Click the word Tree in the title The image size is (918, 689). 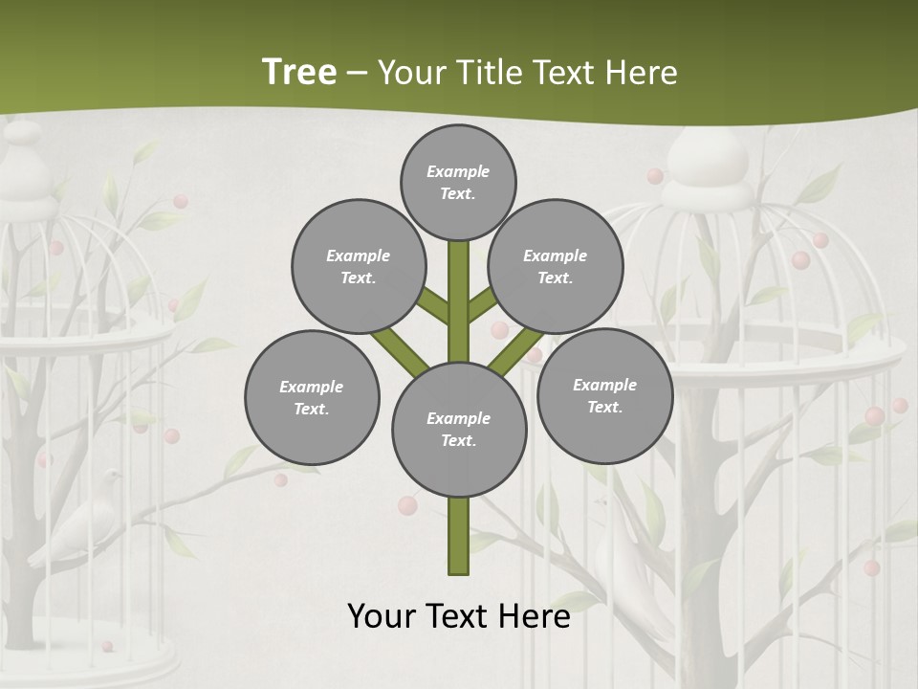pos(299,72)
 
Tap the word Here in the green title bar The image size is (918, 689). pos(641,73)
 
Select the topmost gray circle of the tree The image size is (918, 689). pos(458,182)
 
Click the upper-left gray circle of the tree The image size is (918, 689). pos(359,266)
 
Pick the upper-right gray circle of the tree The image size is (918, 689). pos(556,266)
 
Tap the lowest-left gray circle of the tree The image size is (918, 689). pos(312,397)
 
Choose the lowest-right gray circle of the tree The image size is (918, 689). pos(604,395)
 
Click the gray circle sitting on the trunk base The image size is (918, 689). pos(459,430)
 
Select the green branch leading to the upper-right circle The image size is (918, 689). pos(481,305)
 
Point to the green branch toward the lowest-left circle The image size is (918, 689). pos(400,351)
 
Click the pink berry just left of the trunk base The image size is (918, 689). pos(407,505)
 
